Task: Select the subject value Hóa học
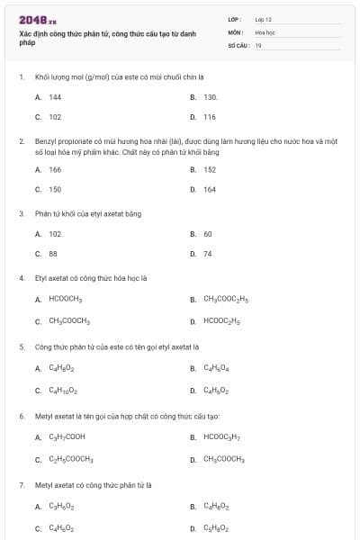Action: tap(265, 31)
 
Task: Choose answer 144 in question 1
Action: tap(55, 96)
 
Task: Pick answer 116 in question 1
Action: tap(210, 117)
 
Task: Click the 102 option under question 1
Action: tap(55, 117)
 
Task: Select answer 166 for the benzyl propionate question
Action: tap(55, 169)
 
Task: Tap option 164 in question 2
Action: tap(210, 190)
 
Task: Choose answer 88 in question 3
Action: tap(53, 254)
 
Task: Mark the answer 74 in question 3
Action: tap(208, 254)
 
